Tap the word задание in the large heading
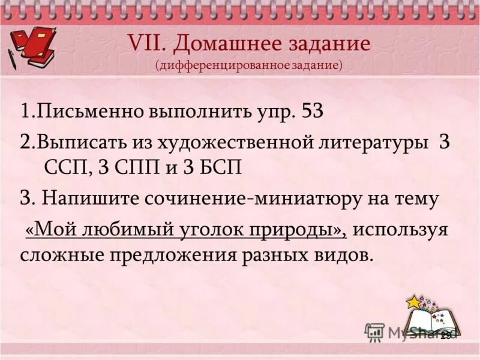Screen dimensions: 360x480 pos(328,44)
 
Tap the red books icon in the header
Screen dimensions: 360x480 pos(33,45)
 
